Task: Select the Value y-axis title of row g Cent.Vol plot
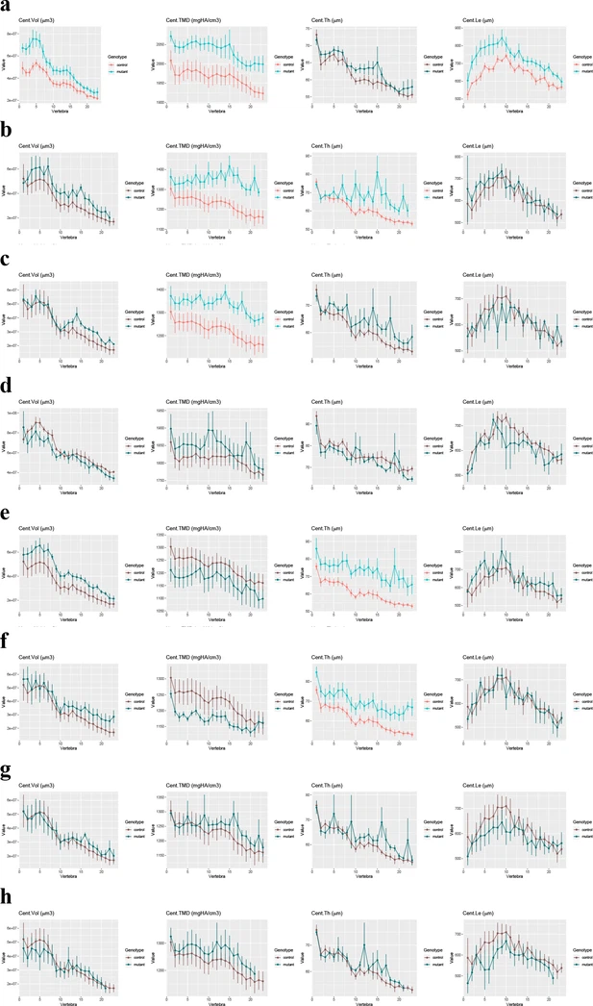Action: (8, 827)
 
